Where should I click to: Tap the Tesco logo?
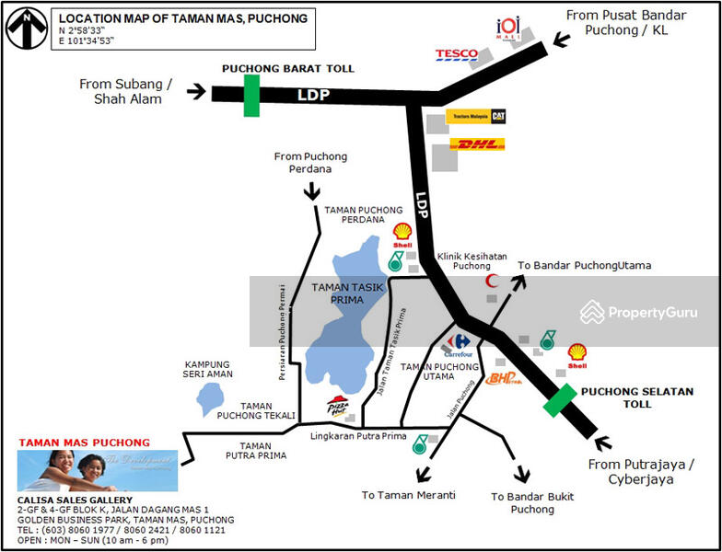(x=456, y=55)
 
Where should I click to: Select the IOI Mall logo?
(x=508, y=29)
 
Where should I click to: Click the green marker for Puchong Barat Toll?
(x=251, y=95)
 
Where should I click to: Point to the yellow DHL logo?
(x=477, y=144)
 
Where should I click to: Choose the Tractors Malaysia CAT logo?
(x=475, y=117)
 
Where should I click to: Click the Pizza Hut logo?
(x=338, y=406)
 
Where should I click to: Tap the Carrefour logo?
(x=456, y=345)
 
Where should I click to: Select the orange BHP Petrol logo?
(x=503, y=376)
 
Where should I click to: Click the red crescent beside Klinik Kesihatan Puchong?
(x=493, y=281)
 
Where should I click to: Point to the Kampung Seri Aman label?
(x=207, y=369)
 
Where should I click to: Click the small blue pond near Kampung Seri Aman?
(x=210, y=399)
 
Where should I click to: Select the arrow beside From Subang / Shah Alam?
(x=196, y=91)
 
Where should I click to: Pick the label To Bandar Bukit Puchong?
(x=532, y=502)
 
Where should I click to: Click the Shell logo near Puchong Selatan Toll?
(x=576, y=353)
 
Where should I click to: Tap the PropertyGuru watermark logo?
(x=638, y=312)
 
